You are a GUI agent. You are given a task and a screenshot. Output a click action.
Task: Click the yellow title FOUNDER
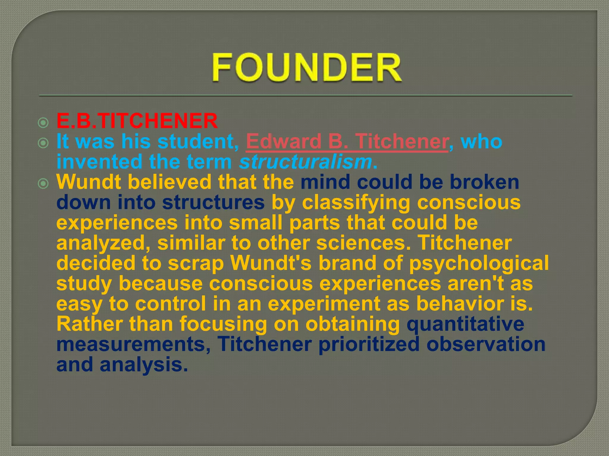tap(307, 67)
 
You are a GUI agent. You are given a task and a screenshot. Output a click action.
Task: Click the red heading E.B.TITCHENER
tap(137, 121)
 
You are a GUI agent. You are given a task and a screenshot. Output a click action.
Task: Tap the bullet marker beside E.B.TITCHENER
tap(43, 123)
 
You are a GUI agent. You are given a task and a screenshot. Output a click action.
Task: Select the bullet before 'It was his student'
tap(43, 143)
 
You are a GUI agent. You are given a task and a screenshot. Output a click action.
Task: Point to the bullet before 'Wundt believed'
tap(43, 184)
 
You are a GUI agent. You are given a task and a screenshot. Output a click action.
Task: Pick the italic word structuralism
tap(305, 162)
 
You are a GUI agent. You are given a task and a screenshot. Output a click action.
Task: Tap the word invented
tap(99, 162)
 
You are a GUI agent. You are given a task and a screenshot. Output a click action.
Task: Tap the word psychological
tap(478, 264)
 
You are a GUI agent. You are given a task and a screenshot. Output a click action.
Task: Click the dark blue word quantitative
tap(465, 324)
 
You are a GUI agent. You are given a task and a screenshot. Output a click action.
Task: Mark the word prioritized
tap(369, 344)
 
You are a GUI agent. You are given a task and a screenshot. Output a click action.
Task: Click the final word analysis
tap(144, 365)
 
